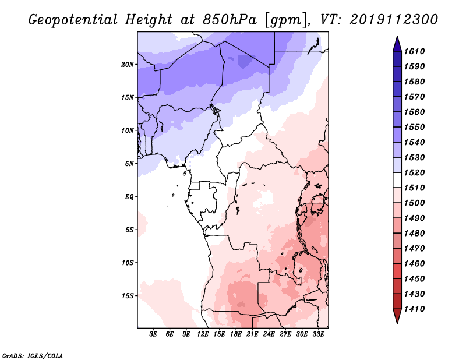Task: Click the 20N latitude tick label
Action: (x=128, y=64)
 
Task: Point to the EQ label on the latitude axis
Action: (x=129, y=196)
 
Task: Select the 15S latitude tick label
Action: (x=128, y=296)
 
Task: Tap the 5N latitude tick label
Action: (x=129, y=164)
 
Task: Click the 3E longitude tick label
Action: (x=154, y=334)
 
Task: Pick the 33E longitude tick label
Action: (x=318, y=334)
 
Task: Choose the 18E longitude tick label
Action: (x=236, y=334)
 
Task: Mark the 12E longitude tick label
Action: (x=203, y=334)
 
